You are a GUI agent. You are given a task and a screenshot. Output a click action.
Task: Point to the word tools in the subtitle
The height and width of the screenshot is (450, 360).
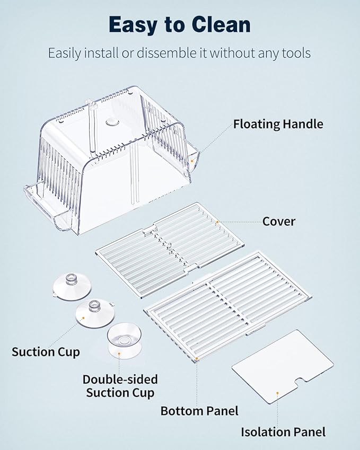[296, 53]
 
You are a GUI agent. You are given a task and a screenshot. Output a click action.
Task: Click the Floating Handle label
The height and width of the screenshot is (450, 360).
[278, 124]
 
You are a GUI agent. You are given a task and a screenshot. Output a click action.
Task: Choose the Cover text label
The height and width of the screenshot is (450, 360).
[279, 222]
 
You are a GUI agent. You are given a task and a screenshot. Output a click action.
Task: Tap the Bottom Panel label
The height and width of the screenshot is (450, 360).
[199, 411]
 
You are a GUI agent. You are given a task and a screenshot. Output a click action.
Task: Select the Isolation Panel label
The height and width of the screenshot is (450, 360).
[283, 432]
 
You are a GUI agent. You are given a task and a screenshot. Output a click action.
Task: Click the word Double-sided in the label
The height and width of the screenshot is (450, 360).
[120, 380]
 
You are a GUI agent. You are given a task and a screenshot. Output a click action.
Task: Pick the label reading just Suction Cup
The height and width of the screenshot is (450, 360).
[46, 352]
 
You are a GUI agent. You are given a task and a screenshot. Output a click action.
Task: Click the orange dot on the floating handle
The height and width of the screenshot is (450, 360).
[192, 161]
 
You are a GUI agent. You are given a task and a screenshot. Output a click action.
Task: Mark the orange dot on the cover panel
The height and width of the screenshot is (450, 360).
[217, 222]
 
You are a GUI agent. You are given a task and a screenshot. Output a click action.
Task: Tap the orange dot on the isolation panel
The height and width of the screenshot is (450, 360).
[277, 393]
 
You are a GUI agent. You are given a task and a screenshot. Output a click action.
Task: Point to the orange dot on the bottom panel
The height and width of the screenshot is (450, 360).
[197, 358]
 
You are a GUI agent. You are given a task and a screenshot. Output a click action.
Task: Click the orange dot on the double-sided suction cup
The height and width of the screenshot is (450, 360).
[119, 354]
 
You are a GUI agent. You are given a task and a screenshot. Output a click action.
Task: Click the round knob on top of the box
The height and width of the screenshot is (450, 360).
[112, 122]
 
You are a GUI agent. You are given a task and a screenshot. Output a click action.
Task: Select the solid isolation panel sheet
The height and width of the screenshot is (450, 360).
[283, 366]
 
